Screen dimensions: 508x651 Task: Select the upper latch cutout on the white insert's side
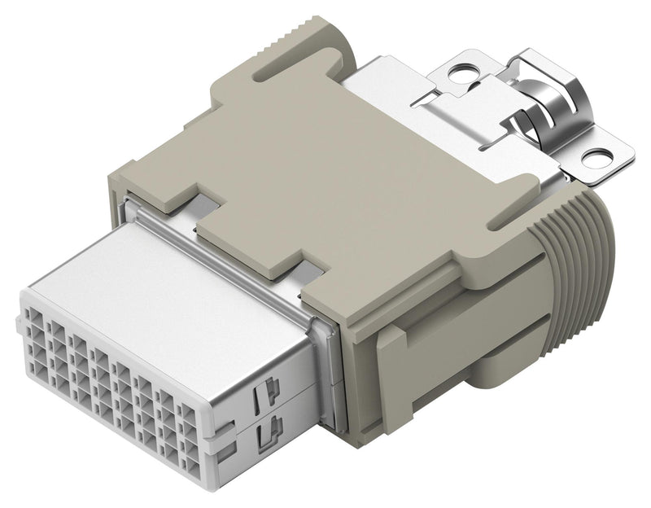(x=264, y=394)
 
